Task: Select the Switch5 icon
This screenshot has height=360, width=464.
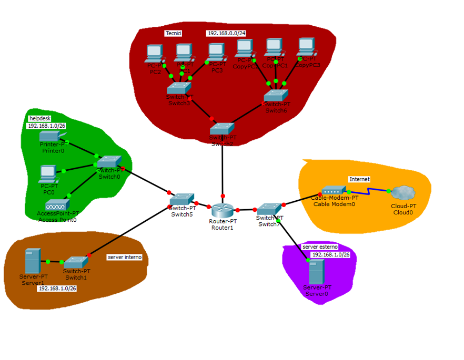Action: coord(182,199)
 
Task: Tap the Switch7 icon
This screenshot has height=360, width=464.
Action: coord(269,208)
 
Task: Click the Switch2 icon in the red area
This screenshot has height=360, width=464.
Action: coord(222,129)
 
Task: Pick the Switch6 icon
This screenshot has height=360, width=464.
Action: coord(276,96)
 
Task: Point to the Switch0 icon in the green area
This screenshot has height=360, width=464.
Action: coord(109,161)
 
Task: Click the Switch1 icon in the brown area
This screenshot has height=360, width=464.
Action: coord(76,262)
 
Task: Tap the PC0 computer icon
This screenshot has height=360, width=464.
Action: coord(48,173)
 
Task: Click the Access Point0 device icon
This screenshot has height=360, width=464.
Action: coord(57,204)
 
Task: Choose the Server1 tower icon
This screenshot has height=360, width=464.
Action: coord(32,261)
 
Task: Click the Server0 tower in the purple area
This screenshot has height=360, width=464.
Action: coord(316,272)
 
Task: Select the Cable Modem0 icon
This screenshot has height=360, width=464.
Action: coord(332,191)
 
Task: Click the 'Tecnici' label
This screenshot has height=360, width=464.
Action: coord(173,33)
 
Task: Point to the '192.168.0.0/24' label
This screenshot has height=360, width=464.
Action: coord(226,33)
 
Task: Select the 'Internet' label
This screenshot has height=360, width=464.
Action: coord(359,179)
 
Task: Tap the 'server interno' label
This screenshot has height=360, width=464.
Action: coord(125,257)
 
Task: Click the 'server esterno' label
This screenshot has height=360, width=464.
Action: coord(320,246)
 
